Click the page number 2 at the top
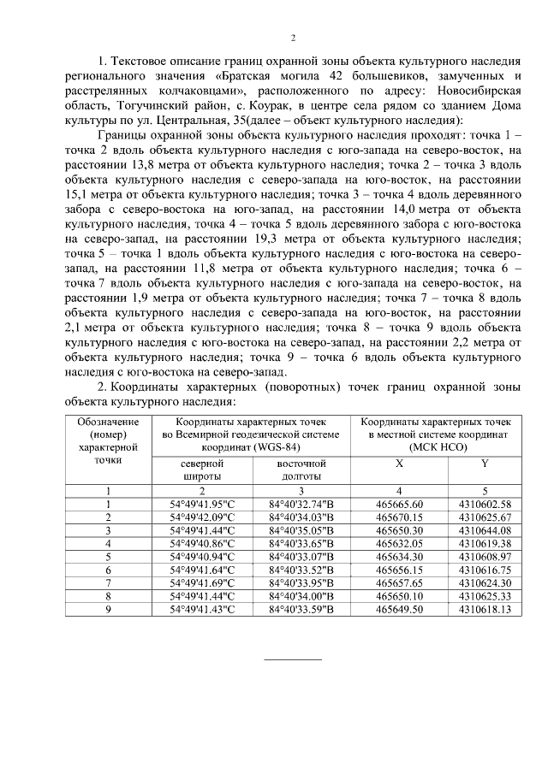pyautogui.click(x=293, y=38)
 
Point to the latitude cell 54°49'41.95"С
pyautogui.click(x=202, y=505)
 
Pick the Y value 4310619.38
pyautogui.click(x=485, y=543)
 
